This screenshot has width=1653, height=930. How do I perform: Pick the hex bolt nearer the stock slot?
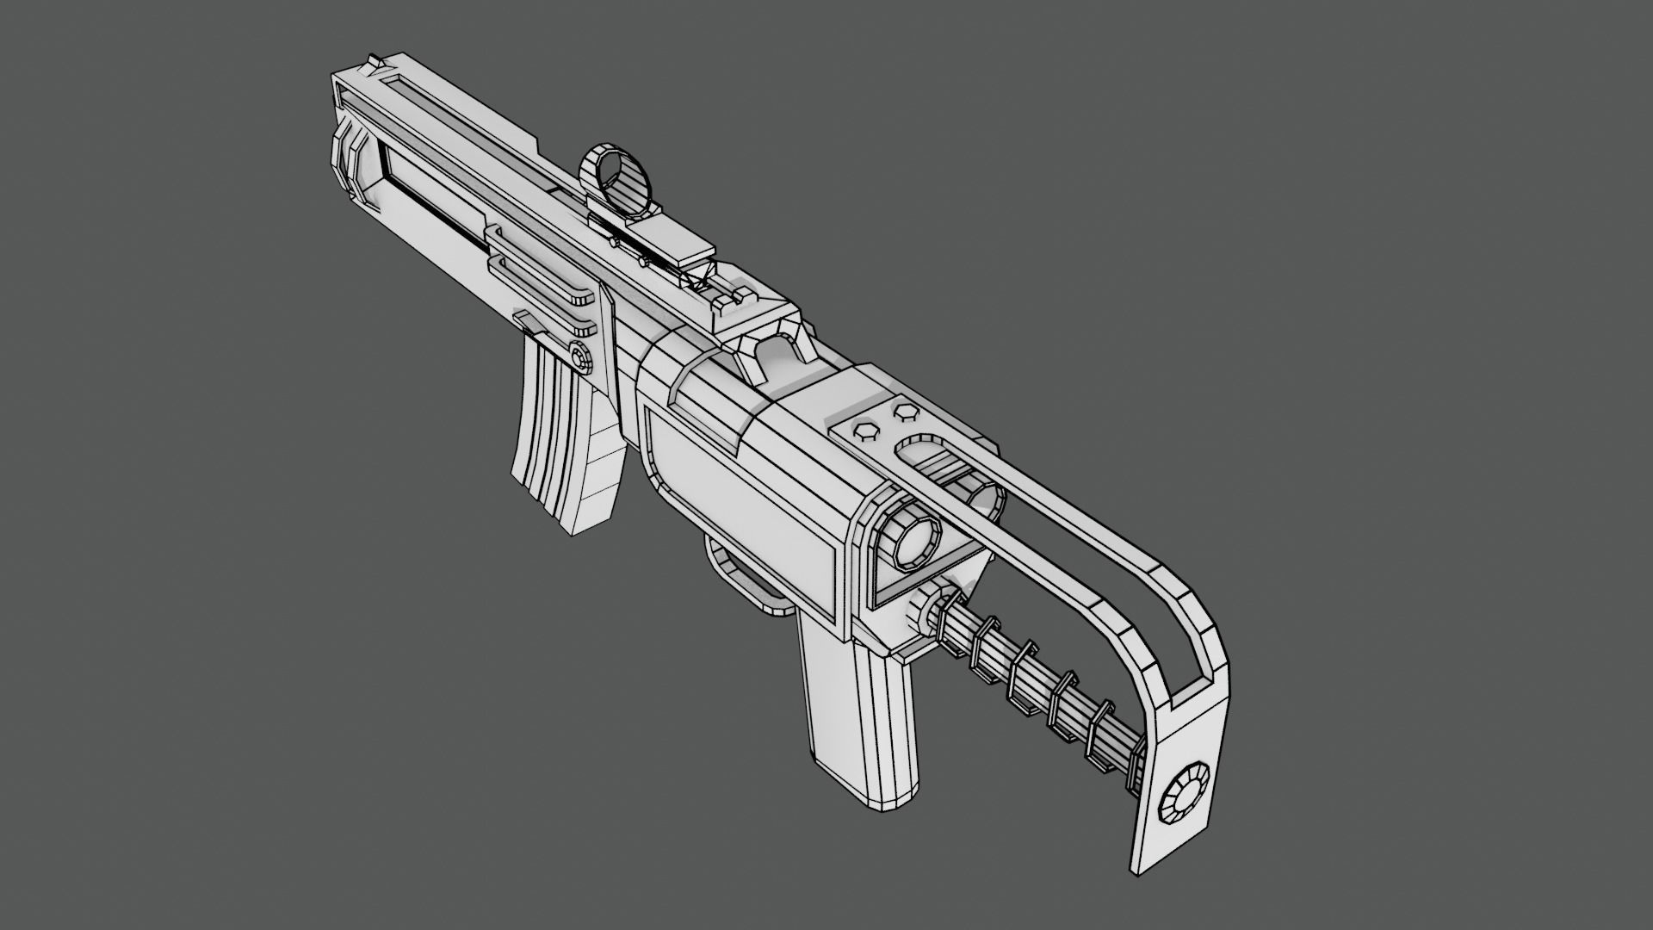(903, 412)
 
